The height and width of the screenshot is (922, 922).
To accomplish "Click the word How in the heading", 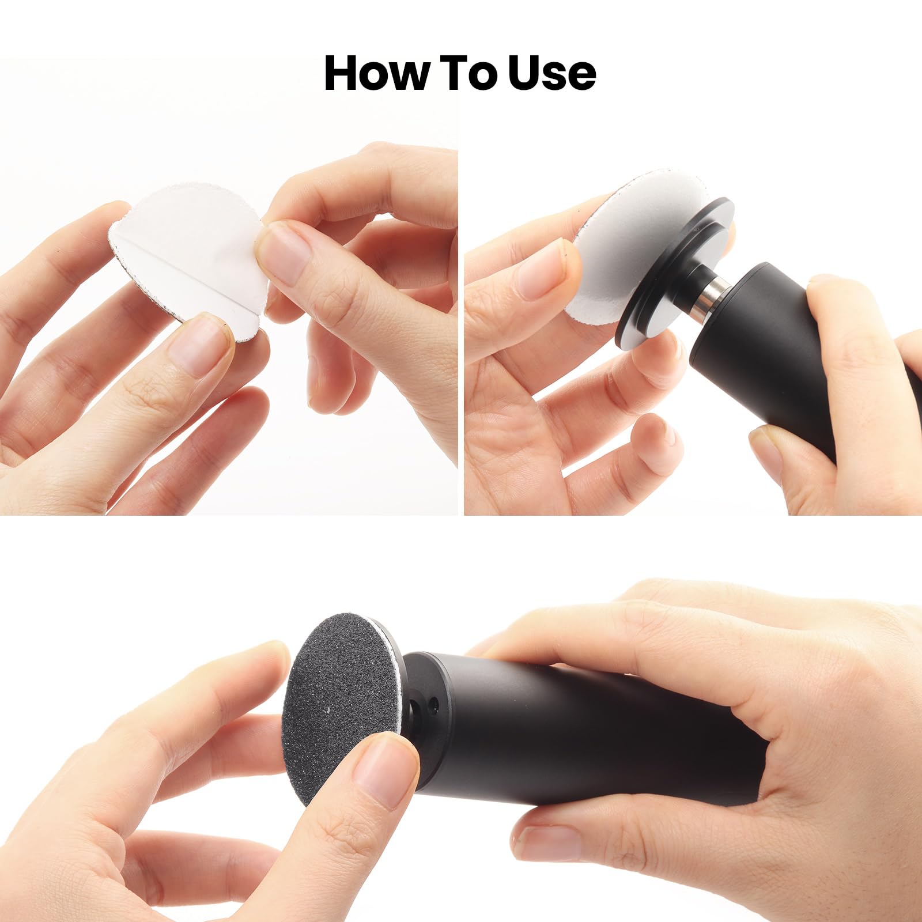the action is coord(377,73).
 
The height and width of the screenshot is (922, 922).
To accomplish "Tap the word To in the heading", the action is coord(467,73).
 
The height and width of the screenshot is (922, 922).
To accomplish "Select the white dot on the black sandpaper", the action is coord(328,709).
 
